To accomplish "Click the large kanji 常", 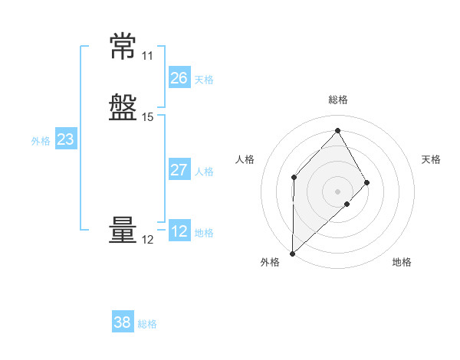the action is tap(123, 46).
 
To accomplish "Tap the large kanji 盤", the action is tap(123, 107).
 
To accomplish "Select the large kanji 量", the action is tap(123, 230).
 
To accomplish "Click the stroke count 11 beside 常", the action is tap(147, 56).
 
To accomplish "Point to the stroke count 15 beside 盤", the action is tap(147, 117).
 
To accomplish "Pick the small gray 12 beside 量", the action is tap(147, 240).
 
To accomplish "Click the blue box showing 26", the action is tap(179, 77).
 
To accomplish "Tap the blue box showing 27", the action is tap(179, 169).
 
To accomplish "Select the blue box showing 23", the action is tap(66, 139).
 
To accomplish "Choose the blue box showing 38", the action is tap(123, 321).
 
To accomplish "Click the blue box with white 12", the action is tap(179, 230).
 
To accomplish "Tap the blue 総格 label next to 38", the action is tap(147, 324).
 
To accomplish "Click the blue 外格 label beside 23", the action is tap(41, 141).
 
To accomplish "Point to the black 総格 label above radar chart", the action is tap(338, 100).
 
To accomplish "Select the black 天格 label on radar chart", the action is tap(431, 159).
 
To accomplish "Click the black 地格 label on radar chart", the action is tap(402, 262).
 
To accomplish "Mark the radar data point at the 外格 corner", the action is tap(293, 254).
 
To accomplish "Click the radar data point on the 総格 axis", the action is tap(337, 130).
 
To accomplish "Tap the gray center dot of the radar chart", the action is tap(337, 191).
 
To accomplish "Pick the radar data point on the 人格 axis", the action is tap(294, 178).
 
